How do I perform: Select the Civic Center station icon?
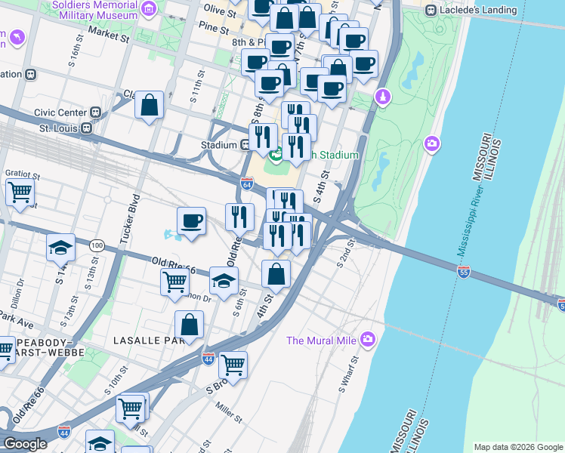tap(96, 112)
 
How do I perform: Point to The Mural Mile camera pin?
tap(369, 340)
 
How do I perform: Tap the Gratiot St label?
tap(22, 173)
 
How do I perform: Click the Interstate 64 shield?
tap(247, 183)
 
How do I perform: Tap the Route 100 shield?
tap(97, 245)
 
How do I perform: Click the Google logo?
tap(26, 444)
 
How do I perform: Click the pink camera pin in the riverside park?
tap(432, 143)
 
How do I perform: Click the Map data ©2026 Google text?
tap(518, 447)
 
